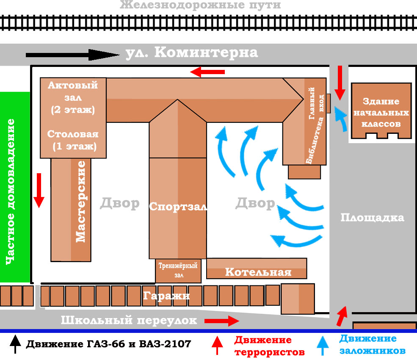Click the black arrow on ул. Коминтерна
[72, 55]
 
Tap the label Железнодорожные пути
[200, 5]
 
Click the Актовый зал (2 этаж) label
[73, 97]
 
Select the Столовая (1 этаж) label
[73, 140]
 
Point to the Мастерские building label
[80, 202]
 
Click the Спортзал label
[178, 207]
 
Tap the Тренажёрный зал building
[178, 271]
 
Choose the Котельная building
[257, 269]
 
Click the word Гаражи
[166, 295]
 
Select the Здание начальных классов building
[381, 111]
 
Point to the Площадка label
[372, 218]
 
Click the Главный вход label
[316, 103]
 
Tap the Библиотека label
[315, 140]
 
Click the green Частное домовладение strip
[15, 187]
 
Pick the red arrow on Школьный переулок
[222, 321]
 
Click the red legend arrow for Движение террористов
[217, 345]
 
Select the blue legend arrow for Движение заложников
[323, 346]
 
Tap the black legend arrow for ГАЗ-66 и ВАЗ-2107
[15, 344]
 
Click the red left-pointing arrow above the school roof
[207, 72]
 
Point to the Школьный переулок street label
[129, 320]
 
